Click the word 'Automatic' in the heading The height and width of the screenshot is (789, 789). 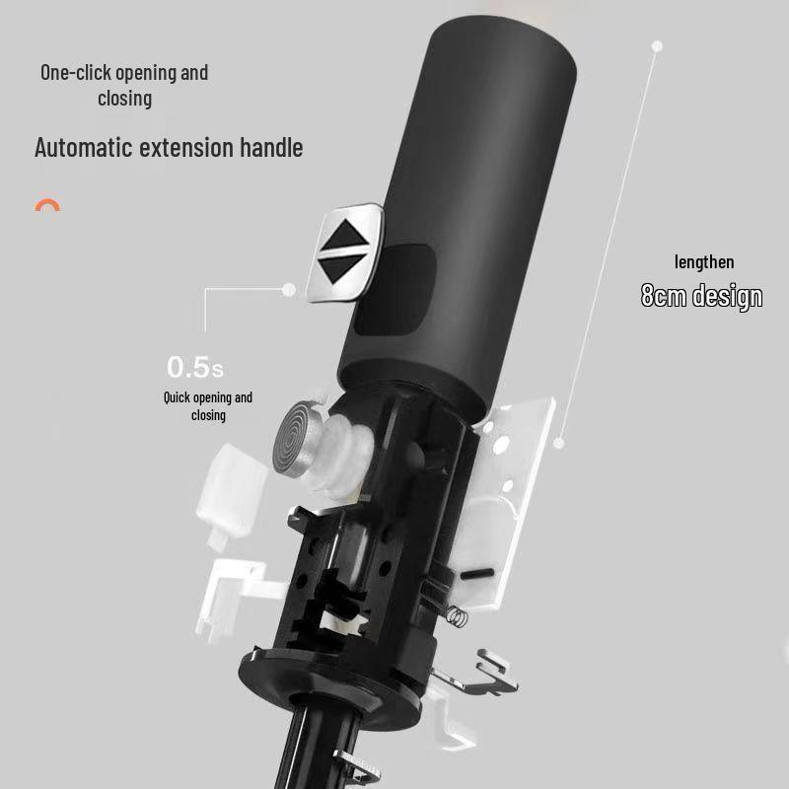[84, 147]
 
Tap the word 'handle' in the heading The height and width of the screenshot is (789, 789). [271, 147]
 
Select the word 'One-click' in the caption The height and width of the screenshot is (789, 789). [76, 72]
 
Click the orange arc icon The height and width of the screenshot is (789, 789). [47, 204]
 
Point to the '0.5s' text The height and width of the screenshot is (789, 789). [195, 367]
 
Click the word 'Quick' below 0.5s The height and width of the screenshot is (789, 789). [178, 397]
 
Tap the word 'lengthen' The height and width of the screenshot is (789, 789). [704, 261]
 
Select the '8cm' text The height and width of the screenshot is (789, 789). [664, 295]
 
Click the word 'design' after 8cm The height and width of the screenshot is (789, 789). [728, 296]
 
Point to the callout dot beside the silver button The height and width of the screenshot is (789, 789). [289, 289]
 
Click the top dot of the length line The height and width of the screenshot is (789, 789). [657, 46]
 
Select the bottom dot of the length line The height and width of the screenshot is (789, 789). [558, 443]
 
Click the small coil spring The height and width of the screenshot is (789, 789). [457, 616]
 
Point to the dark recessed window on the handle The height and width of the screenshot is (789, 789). [394, 290]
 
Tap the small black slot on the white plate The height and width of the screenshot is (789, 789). [477, 573]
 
